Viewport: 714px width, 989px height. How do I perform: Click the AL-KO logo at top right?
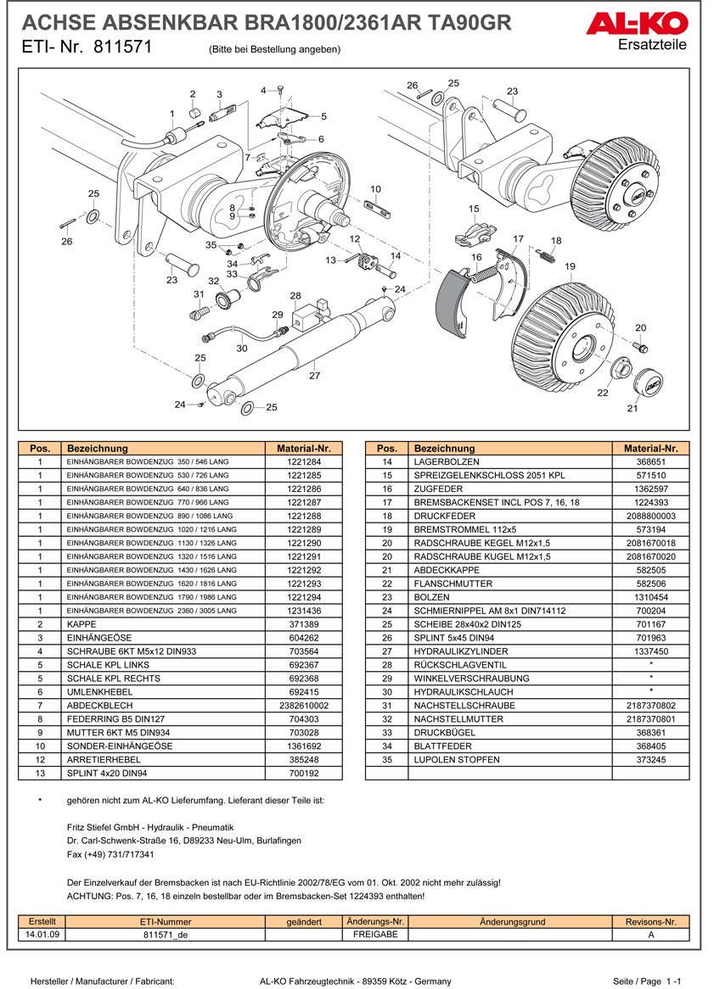(638, 23)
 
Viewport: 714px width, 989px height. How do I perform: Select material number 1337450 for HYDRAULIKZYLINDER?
(650, 651)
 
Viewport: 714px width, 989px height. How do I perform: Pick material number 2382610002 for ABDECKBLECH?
(303, 706)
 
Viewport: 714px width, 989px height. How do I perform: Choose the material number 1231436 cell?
(303, 611)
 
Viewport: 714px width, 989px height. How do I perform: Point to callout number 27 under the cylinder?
(314, 375)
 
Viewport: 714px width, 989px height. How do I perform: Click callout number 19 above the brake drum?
(570, 266)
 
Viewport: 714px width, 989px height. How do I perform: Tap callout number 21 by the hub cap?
(632, 409)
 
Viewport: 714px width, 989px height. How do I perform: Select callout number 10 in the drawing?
(376, 189)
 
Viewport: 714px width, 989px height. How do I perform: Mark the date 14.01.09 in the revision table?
(42, 935)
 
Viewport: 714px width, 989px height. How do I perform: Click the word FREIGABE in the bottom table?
(374, 935)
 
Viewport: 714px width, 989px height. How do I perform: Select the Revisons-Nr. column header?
(650, 922)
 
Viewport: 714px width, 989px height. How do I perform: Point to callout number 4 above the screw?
(263, 90)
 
